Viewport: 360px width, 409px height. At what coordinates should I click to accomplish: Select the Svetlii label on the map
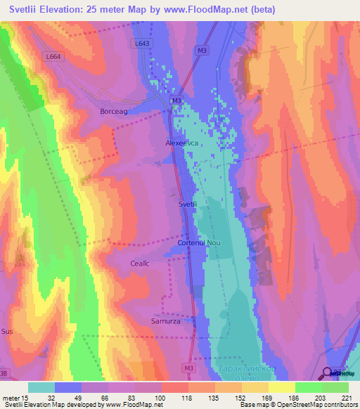pyautogui.click(x=187, y=204)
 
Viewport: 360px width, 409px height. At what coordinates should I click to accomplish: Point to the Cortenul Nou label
pyautogui.click(x=199, y=242)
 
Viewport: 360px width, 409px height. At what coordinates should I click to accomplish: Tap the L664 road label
pyautogui.click(x=51, y=56)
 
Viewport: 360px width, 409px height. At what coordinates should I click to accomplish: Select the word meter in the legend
pyautogui.click(x=12, y=398)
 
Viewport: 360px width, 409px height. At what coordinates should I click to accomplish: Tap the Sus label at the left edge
pyautogui.click(x=7, y=330)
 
